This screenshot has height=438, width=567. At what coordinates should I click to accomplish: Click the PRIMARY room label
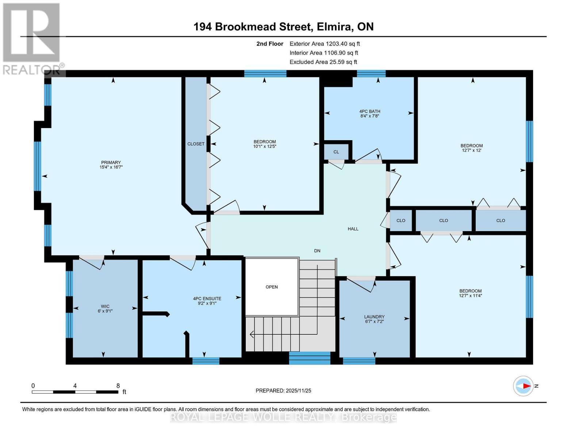[111, 162]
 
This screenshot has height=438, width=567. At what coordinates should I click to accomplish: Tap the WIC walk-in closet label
[105, 306]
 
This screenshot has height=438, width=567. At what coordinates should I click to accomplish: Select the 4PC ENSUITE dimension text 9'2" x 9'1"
[207, 303]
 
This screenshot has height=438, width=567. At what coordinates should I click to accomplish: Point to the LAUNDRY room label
[374, 317]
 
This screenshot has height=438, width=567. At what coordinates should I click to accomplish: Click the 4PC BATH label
[369, 111]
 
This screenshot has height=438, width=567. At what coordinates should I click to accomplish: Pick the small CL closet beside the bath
[336, 152]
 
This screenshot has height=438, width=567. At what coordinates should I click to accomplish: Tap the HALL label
[353, 229]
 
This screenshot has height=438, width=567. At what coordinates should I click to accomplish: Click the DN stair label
[317, 251]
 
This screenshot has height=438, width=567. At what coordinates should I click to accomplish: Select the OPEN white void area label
[272, 287]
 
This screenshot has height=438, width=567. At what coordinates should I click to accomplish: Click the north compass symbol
[523, 386]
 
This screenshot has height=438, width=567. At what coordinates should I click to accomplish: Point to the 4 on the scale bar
[75, 385]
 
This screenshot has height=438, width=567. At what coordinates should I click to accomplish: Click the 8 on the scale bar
[118, 385]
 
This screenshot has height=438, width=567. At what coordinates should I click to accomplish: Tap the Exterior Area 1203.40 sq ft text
[325, 44]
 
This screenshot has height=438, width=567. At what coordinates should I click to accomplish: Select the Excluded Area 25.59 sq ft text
[323, 62]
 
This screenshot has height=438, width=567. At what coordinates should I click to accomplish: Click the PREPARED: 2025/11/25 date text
[283, 391]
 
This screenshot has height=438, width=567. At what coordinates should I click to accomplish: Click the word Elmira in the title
[334, 27]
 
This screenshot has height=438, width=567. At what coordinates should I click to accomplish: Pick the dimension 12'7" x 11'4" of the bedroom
[471, 296]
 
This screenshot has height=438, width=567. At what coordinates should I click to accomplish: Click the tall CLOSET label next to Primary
[196, 144]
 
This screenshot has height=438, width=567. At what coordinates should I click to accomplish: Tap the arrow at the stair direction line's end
[252, 334]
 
